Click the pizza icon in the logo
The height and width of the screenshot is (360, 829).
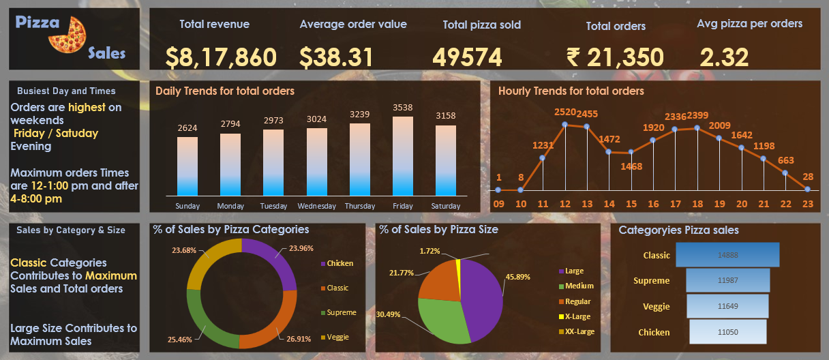[67, 33]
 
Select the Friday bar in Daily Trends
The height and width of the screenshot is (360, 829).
[403, 157]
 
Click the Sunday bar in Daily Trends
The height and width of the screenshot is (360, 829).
[187, 167]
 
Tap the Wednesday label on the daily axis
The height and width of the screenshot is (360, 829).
[317, 206]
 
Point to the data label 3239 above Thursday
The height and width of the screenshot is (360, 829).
[360, 115]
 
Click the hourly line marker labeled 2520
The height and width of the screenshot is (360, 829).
[565, 125]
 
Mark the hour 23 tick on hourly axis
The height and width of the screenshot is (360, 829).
[808, 203]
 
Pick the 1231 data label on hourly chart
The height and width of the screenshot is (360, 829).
[543, 145]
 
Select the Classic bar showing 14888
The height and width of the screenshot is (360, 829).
[727, 255]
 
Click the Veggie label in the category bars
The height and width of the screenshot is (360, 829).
[656, 306]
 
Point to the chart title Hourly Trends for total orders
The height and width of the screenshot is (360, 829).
[571, 91]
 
